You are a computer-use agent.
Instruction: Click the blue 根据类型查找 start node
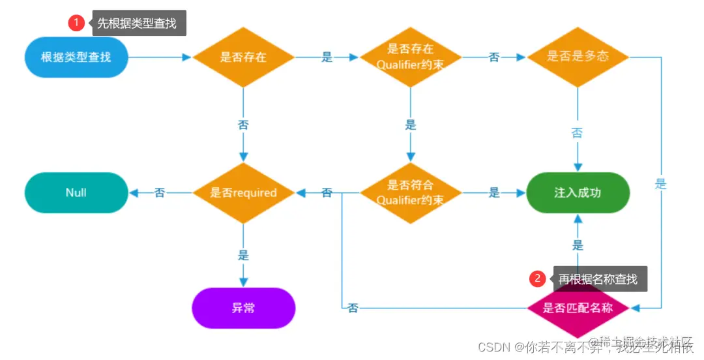[76, 57]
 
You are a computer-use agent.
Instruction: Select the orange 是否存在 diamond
[244, 57]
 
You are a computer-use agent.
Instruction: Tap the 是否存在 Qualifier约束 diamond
[410, 57]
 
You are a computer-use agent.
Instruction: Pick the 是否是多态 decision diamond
[578, 57]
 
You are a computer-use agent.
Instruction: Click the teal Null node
[76, 192]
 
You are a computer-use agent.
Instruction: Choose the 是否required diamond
[244, 192]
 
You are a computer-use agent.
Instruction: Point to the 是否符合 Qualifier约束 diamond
[410, 192]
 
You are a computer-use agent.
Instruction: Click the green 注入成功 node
[578, 192]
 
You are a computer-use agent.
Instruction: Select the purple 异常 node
[244, 308]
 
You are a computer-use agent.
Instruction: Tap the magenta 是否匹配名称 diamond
[578, 308]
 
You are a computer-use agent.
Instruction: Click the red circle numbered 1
[76, 23]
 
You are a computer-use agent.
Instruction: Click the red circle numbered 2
[537, 278]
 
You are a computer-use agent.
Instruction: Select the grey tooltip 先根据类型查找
[139, 23]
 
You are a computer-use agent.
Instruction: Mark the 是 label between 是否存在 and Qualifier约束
[327, 57]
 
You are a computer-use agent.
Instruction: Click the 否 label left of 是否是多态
[494, 57]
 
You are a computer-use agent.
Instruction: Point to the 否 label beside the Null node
[160, 192]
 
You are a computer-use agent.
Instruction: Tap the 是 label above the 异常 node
[244, 255]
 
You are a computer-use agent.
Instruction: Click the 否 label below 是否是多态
[578, 133]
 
